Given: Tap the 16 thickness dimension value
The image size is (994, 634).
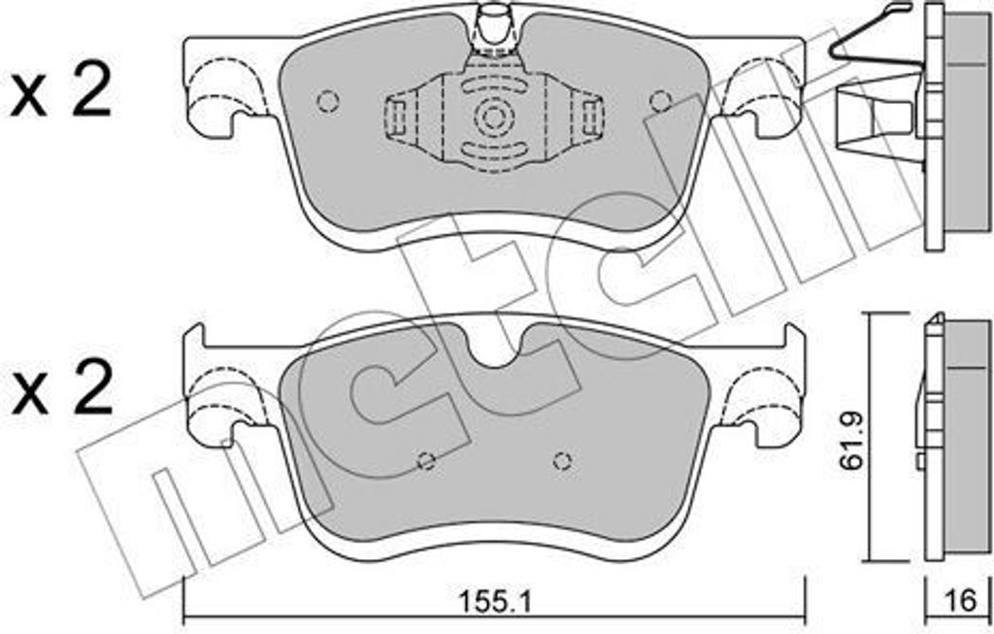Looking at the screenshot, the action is click(x=961, y=600).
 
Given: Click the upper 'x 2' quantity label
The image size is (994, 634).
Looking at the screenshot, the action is click(x=61, y=95).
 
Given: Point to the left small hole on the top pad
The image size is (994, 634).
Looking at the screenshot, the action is click(x=328, y=101).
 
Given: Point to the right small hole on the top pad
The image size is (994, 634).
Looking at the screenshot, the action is click(x=660, y=100).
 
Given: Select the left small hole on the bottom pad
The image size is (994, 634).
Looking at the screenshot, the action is click(x=427, y=461).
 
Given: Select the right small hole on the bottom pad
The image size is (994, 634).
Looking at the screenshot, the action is click(x=562, y=461).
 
